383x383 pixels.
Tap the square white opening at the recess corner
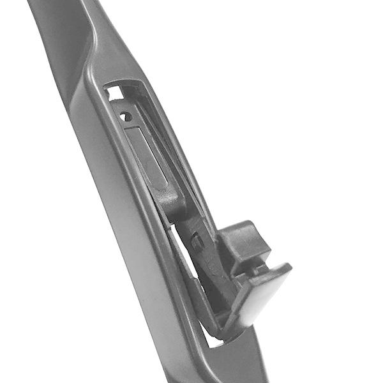point(115,93)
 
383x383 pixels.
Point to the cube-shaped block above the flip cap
point(243,246)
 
